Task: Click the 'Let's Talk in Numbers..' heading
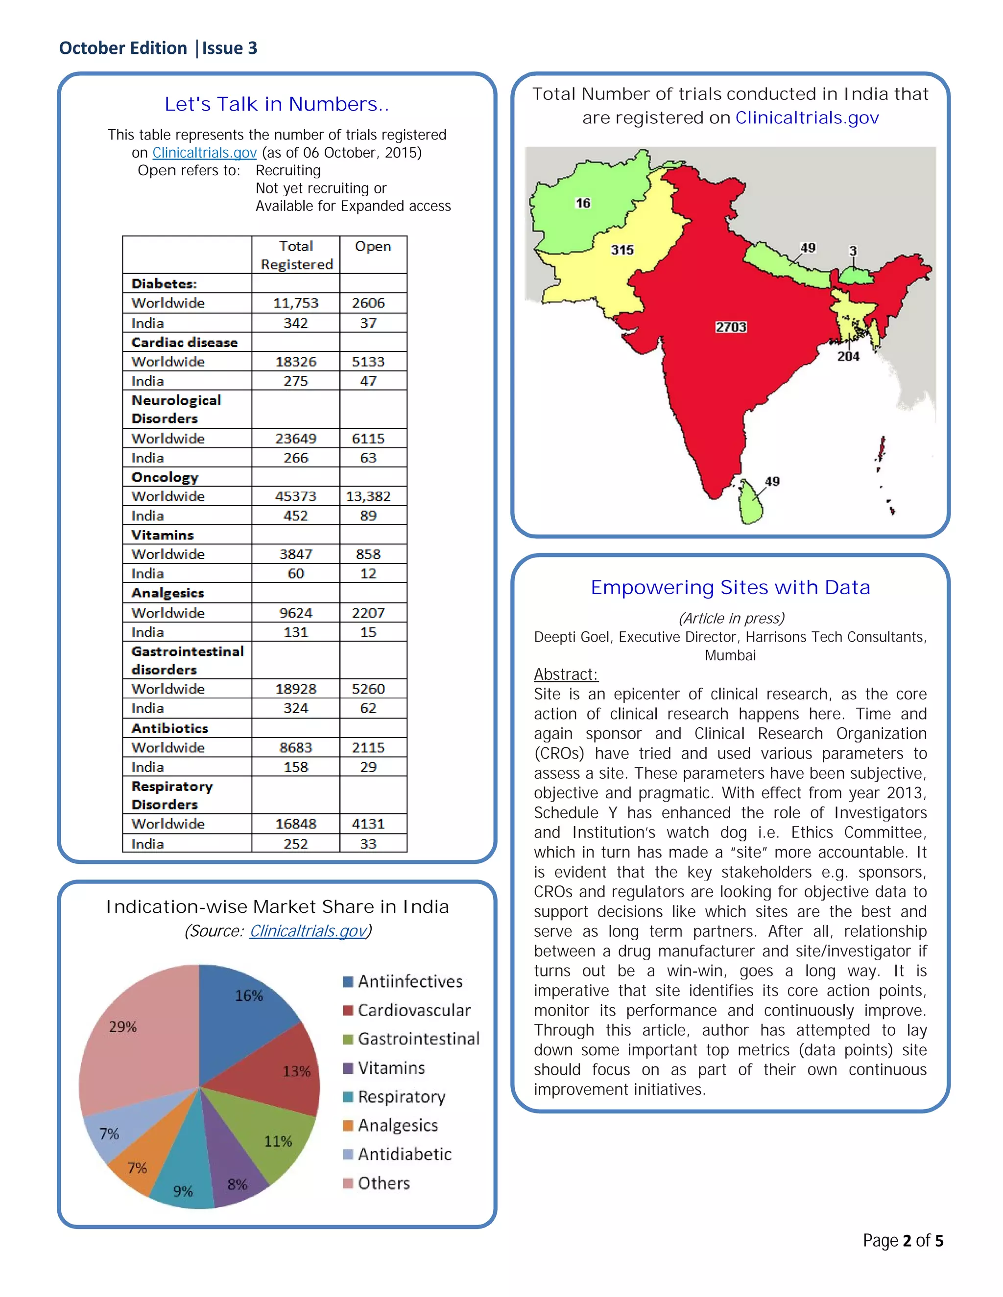[276, 105]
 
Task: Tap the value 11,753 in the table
[295, 303]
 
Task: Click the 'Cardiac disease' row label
[184, 343]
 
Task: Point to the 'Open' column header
[373, 247]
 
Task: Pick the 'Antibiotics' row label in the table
[170, 728]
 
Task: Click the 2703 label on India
[730, 327]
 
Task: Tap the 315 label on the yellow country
[622, 250]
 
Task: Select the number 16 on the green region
[583, 203]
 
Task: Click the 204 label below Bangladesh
[848, 356]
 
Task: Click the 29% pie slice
[137, 1033]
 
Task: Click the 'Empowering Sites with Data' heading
[730, 587]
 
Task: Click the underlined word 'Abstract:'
[566, 674]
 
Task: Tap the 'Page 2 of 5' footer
[903, 1241]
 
